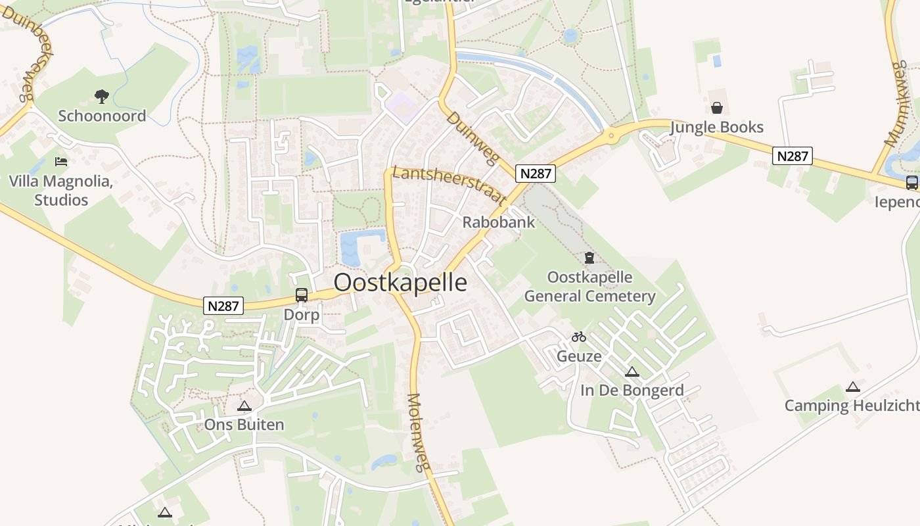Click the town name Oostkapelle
click(400, 282)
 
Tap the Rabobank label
click(498, 222)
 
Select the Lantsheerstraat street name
click(449, 185)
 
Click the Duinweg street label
click(473, 139)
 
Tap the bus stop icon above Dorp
click(302, 295)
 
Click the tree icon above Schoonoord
click(101, 97)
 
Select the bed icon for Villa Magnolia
click(61, 161)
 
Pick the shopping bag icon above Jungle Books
click(716, 107)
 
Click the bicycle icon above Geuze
click(578, 337)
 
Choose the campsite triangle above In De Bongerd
click(632, 371)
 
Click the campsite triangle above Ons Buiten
click(244, 406)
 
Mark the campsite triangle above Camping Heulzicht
click(852, 387)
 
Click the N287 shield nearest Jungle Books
click(793, 156)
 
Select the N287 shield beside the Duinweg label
click(536, 174)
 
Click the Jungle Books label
click(716, 127)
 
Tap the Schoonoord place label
click(102, 116)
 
